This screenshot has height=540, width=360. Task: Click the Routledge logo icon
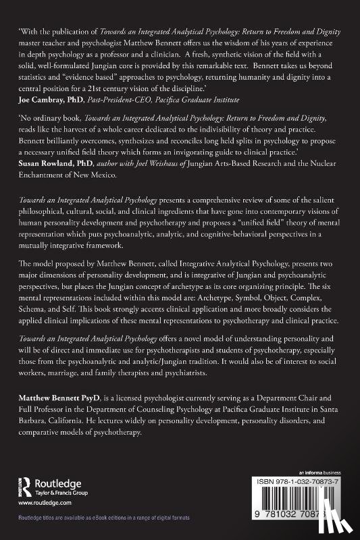(30, 485)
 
